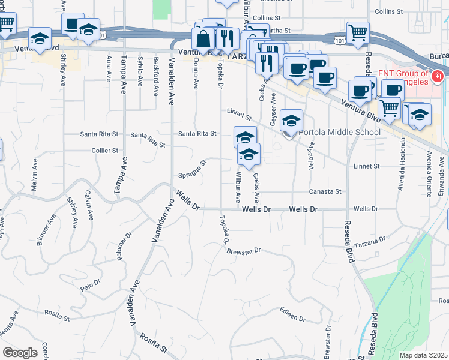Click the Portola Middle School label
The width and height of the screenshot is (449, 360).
(339, 133)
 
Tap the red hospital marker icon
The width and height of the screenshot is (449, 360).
(437, 77)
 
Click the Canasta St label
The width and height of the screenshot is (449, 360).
(325, 191)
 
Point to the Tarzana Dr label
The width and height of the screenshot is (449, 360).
(370, 241)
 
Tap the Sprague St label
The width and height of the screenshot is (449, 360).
(192, 170)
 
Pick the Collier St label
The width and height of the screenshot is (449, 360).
(104, 150)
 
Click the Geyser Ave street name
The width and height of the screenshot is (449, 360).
(274, 109)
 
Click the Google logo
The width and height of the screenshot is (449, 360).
(20, 353)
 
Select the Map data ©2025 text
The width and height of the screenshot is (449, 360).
(423, 355)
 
